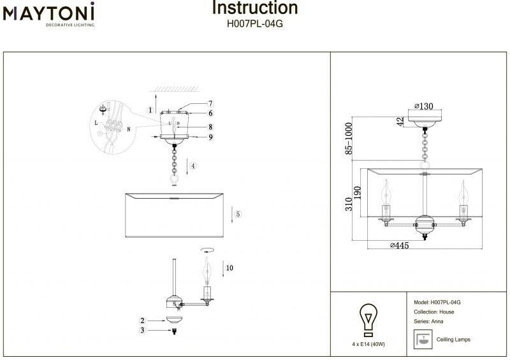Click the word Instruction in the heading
click(x=254, y=8)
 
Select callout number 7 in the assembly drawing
click(x=210, y=104)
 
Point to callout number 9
click(x=210, y=137)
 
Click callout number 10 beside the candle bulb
click(x=229, y=268)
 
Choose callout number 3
click(x=143, y=330)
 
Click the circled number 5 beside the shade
click(x=237, y=214)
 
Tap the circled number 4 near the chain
click(x=193, y=166)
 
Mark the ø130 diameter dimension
click(x=425, y=106)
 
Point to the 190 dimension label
click(x=358, y=192)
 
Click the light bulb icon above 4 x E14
click(x=368, y=320)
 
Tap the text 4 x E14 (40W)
click(x=368, y=344)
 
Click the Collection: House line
click(x=433, y=312)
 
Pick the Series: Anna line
click(x=428, y=322)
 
